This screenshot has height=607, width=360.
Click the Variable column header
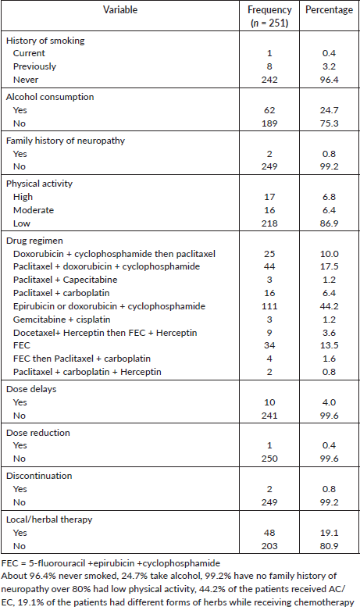coord(120,9)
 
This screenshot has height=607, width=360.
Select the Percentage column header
coord(329,9)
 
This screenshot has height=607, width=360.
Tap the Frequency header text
coord(269,9)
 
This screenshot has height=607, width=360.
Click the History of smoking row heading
coord(45,41)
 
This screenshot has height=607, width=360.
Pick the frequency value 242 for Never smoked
coord(269,80)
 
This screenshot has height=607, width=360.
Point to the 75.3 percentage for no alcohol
coord(329,123)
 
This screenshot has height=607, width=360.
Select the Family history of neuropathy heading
coord(66,141)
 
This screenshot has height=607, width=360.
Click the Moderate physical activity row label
coord(34,210)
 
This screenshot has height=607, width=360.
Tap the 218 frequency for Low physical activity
coord(269,223)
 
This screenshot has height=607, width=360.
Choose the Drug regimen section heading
coord(34,241)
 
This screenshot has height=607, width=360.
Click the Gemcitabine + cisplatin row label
coord(62,320)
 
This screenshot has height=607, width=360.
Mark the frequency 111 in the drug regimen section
coord(269,306)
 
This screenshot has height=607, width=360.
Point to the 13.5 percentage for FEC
coord(329,345)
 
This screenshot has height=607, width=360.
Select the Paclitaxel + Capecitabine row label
coord(65,280)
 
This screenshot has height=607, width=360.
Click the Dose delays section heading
coord(31,389)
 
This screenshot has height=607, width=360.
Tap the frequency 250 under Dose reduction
coord(269,459)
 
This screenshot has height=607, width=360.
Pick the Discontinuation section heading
coord(39,476)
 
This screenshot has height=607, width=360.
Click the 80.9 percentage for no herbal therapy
coord(329,546)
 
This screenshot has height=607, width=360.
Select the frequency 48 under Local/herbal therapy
coord(269,533)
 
